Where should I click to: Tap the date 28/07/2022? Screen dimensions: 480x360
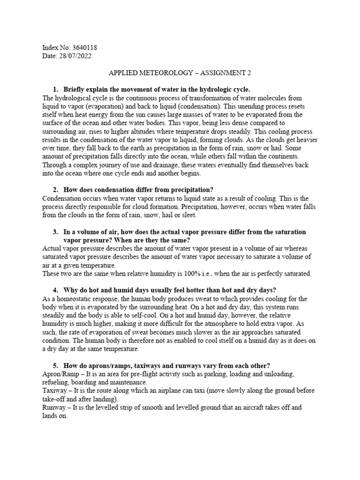75,56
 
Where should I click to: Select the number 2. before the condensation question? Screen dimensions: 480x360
55,190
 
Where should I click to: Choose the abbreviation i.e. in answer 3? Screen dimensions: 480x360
200,274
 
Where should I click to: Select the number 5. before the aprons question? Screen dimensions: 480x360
55,366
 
